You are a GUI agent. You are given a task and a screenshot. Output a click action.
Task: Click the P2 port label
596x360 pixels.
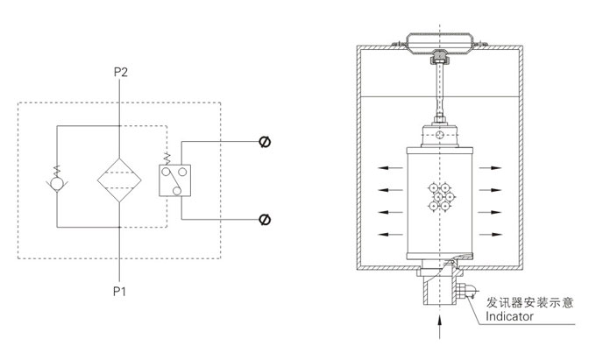[x=120, y=72]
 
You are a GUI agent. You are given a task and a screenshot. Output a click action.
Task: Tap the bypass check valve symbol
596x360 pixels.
[x=56, y=184]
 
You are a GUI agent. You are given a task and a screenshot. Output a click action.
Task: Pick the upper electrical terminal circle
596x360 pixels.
[x=264, y=142]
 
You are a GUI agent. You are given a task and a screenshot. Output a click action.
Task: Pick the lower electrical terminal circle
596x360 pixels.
[x=264, y=218]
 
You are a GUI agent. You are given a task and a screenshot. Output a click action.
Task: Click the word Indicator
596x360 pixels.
[x=508, y=317]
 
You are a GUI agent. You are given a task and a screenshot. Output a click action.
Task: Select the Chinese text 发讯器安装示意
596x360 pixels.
[x=530, y=302]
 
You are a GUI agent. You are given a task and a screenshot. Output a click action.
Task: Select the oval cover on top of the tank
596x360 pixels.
[x=441, y=44]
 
